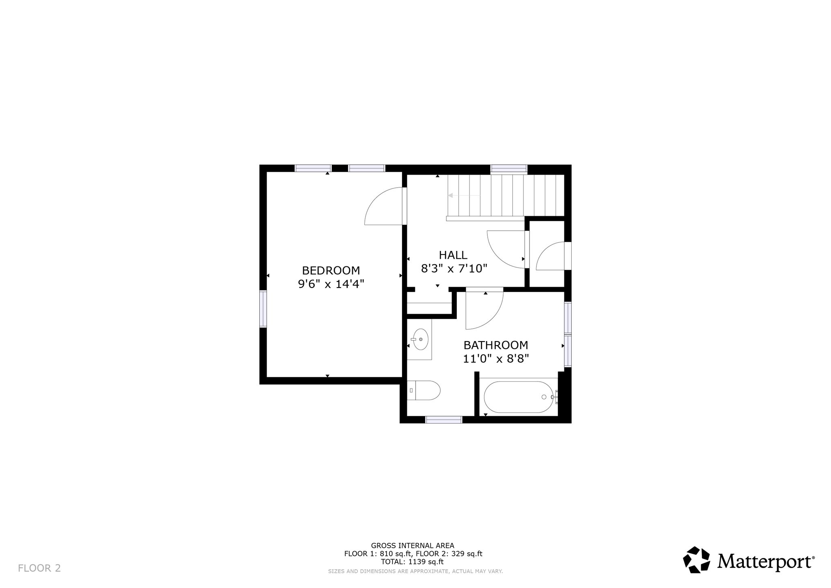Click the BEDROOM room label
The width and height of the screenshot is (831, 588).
[331, 270]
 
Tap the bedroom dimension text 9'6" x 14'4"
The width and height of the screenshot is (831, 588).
[331, 284]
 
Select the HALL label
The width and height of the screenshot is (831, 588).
[453, 255]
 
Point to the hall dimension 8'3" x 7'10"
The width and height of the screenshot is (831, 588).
[454, 268]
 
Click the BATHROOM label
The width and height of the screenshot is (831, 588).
[496, 345]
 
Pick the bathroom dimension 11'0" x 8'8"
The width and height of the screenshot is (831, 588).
[496, 359]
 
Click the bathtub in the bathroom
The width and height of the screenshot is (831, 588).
[518, 397]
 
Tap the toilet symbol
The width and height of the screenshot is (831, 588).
[424, 390]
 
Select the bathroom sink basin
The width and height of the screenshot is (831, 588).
[421, 339]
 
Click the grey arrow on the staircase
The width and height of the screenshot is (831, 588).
[450, 195]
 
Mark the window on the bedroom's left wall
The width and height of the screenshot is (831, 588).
[263, 309]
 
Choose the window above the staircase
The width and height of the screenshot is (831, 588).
[509, 169]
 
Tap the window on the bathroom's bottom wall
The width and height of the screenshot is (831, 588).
[443, 420]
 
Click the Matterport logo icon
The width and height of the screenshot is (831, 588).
[696, 560]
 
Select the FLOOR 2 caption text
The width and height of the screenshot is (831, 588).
[39, 568]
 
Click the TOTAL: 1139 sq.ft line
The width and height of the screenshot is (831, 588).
[412, 562]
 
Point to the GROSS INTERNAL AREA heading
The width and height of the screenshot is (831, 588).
[412, 546]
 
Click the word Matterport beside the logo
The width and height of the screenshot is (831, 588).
[765, 562]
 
